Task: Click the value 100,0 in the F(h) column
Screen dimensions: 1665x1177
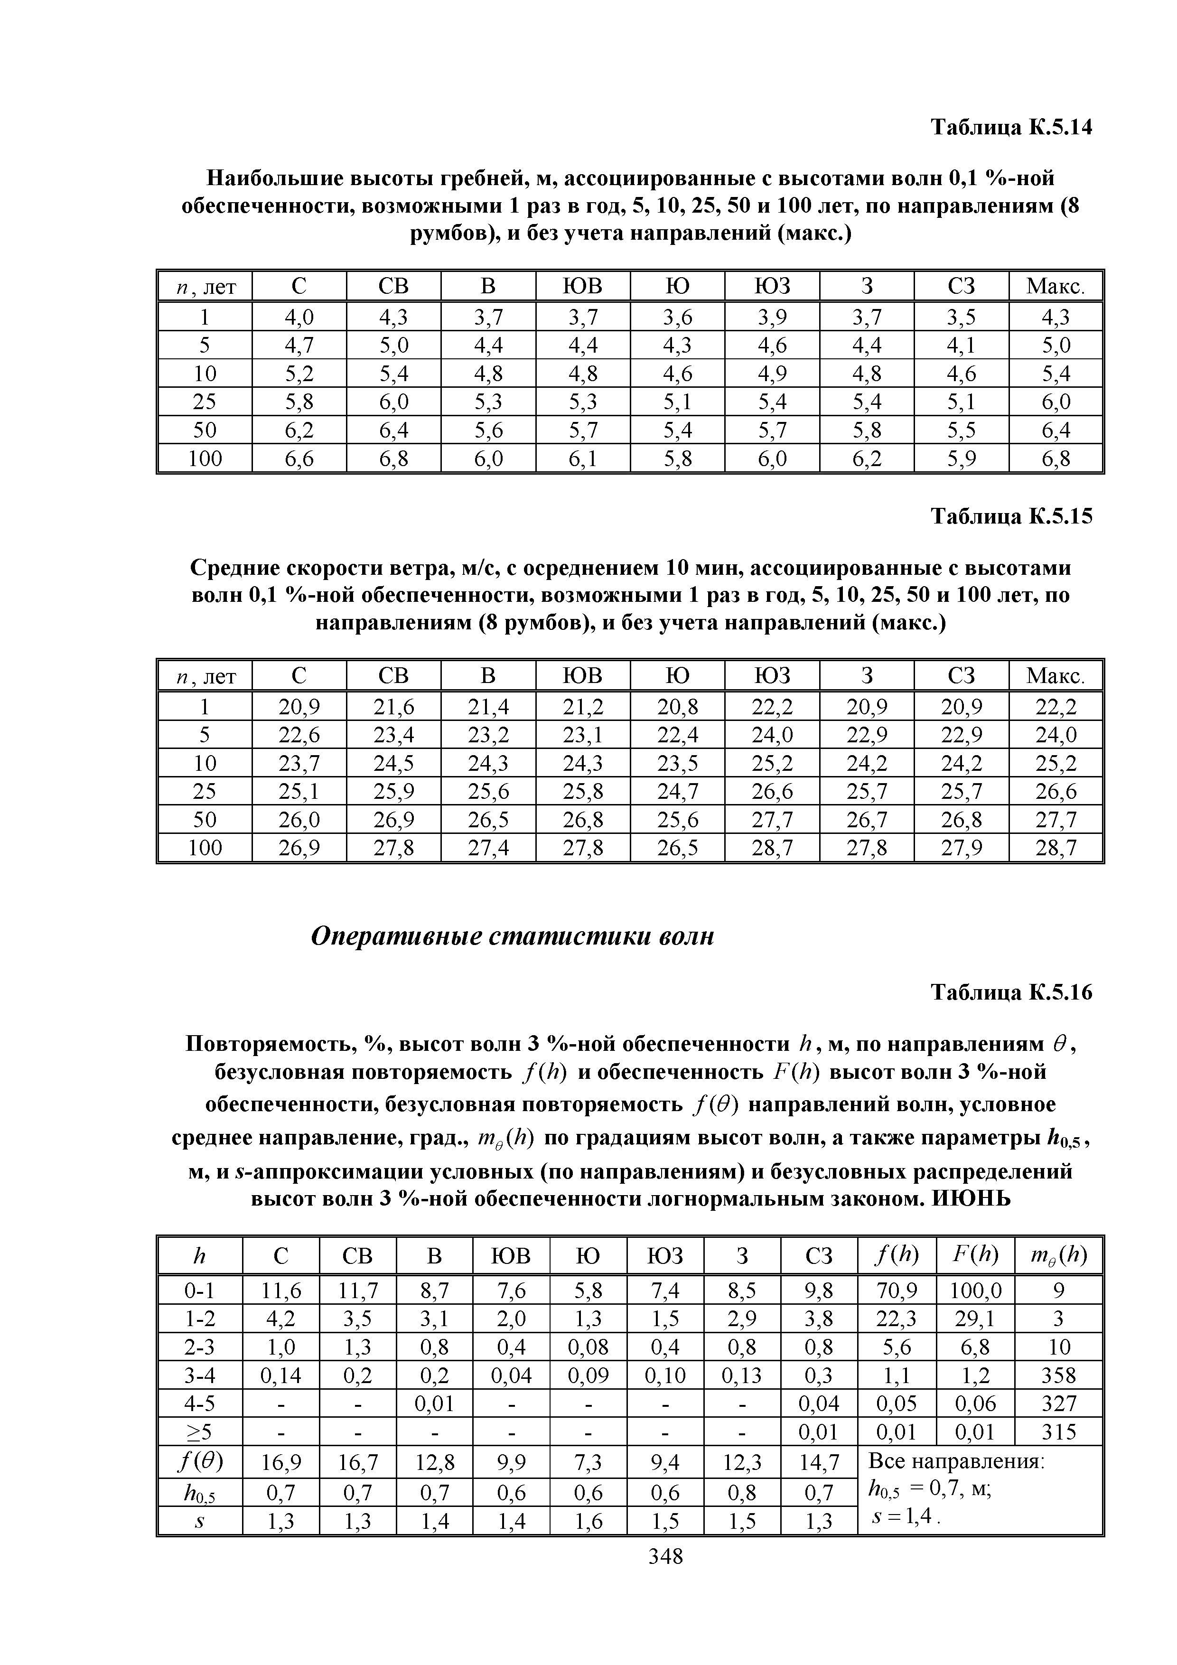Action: point(975,1290)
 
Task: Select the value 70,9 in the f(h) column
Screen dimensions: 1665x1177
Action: point(897,1290)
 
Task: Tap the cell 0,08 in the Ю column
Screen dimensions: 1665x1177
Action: point(588,1347)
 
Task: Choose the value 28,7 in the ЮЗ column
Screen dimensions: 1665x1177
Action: point(772,848)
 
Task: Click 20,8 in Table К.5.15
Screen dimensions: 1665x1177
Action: point(677,706)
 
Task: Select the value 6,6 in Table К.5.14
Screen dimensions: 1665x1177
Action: point(299,458)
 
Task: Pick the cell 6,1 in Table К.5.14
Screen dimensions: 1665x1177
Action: point(583,458)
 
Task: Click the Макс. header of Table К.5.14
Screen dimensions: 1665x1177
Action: point(1055,287)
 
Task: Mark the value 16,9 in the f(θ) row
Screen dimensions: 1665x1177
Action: point(281,1463)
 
